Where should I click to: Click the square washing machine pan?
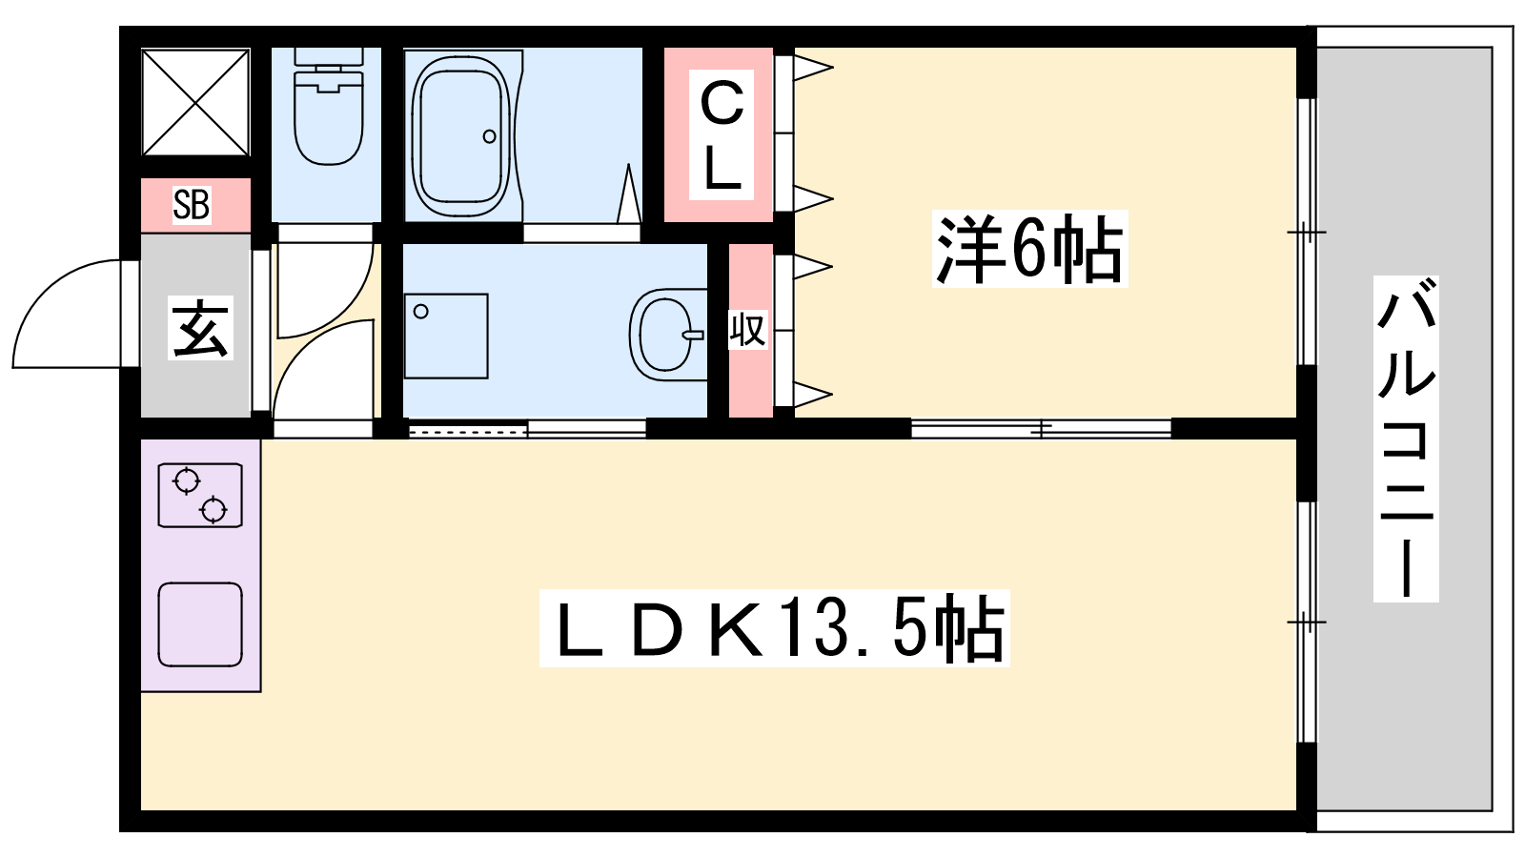pos(446,336)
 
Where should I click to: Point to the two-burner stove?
pos(200,495)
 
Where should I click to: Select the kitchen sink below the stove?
pos(200,624)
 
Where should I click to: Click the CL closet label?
pos(722,134)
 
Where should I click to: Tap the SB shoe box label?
pos(192,204)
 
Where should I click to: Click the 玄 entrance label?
pos(200,328)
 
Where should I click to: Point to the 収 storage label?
pos(748,330)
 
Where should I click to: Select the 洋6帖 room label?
pos(1029,249)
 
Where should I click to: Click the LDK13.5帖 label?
pos(775,628)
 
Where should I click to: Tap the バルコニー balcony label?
pos(1406,439)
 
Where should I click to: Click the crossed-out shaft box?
pos(195,102)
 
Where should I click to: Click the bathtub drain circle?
pos(490,137)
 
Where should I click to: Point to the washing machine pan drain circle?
pos(420,312)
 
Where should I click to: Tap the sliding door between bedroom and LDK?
pos(1041,428)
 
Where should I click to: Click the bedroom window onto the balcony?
pos(1307,233)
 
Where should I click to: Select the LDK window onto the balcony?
pos(1307,623)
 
